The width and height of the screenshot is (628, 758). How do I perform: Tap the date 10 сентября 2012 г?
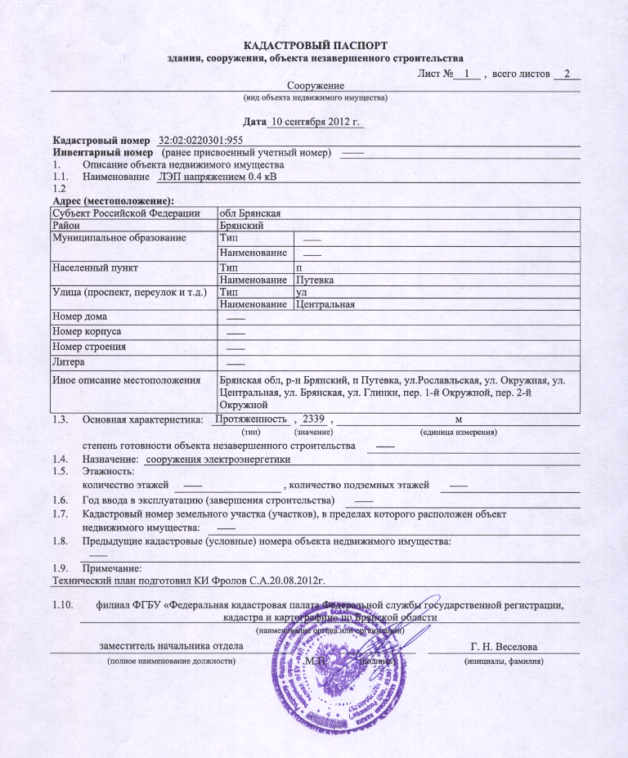pos(316,122)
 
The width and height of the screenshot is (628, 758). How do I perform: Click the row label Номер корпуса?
pos(87,332)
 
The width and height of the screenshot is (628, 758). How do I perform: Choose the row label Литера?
pos(70,361)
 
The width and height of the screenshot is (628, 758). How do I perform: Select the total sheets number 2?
pos(566,74)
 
